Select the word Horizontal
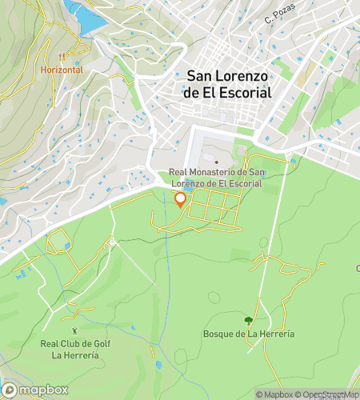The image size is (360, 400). pyautogui.click(x=62, y=70)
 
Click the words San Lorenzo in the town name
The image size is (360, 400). pyautogui.click(x=228, y=76)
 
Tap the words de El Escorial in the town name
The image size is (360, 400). pyautogui.click(x=228, y=92)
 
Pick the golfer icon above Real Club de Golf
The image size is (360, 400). pyautogui.click(x=74, y=330)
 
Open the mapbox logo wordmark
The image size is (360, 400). pyautogui.click(x=43, y=390)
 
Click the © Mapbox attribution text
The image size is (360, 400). pyautogui.click(x=274, y=394)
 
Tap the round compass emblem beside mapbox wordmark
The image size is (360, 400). pyautogui.click(x=10, y=390)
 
